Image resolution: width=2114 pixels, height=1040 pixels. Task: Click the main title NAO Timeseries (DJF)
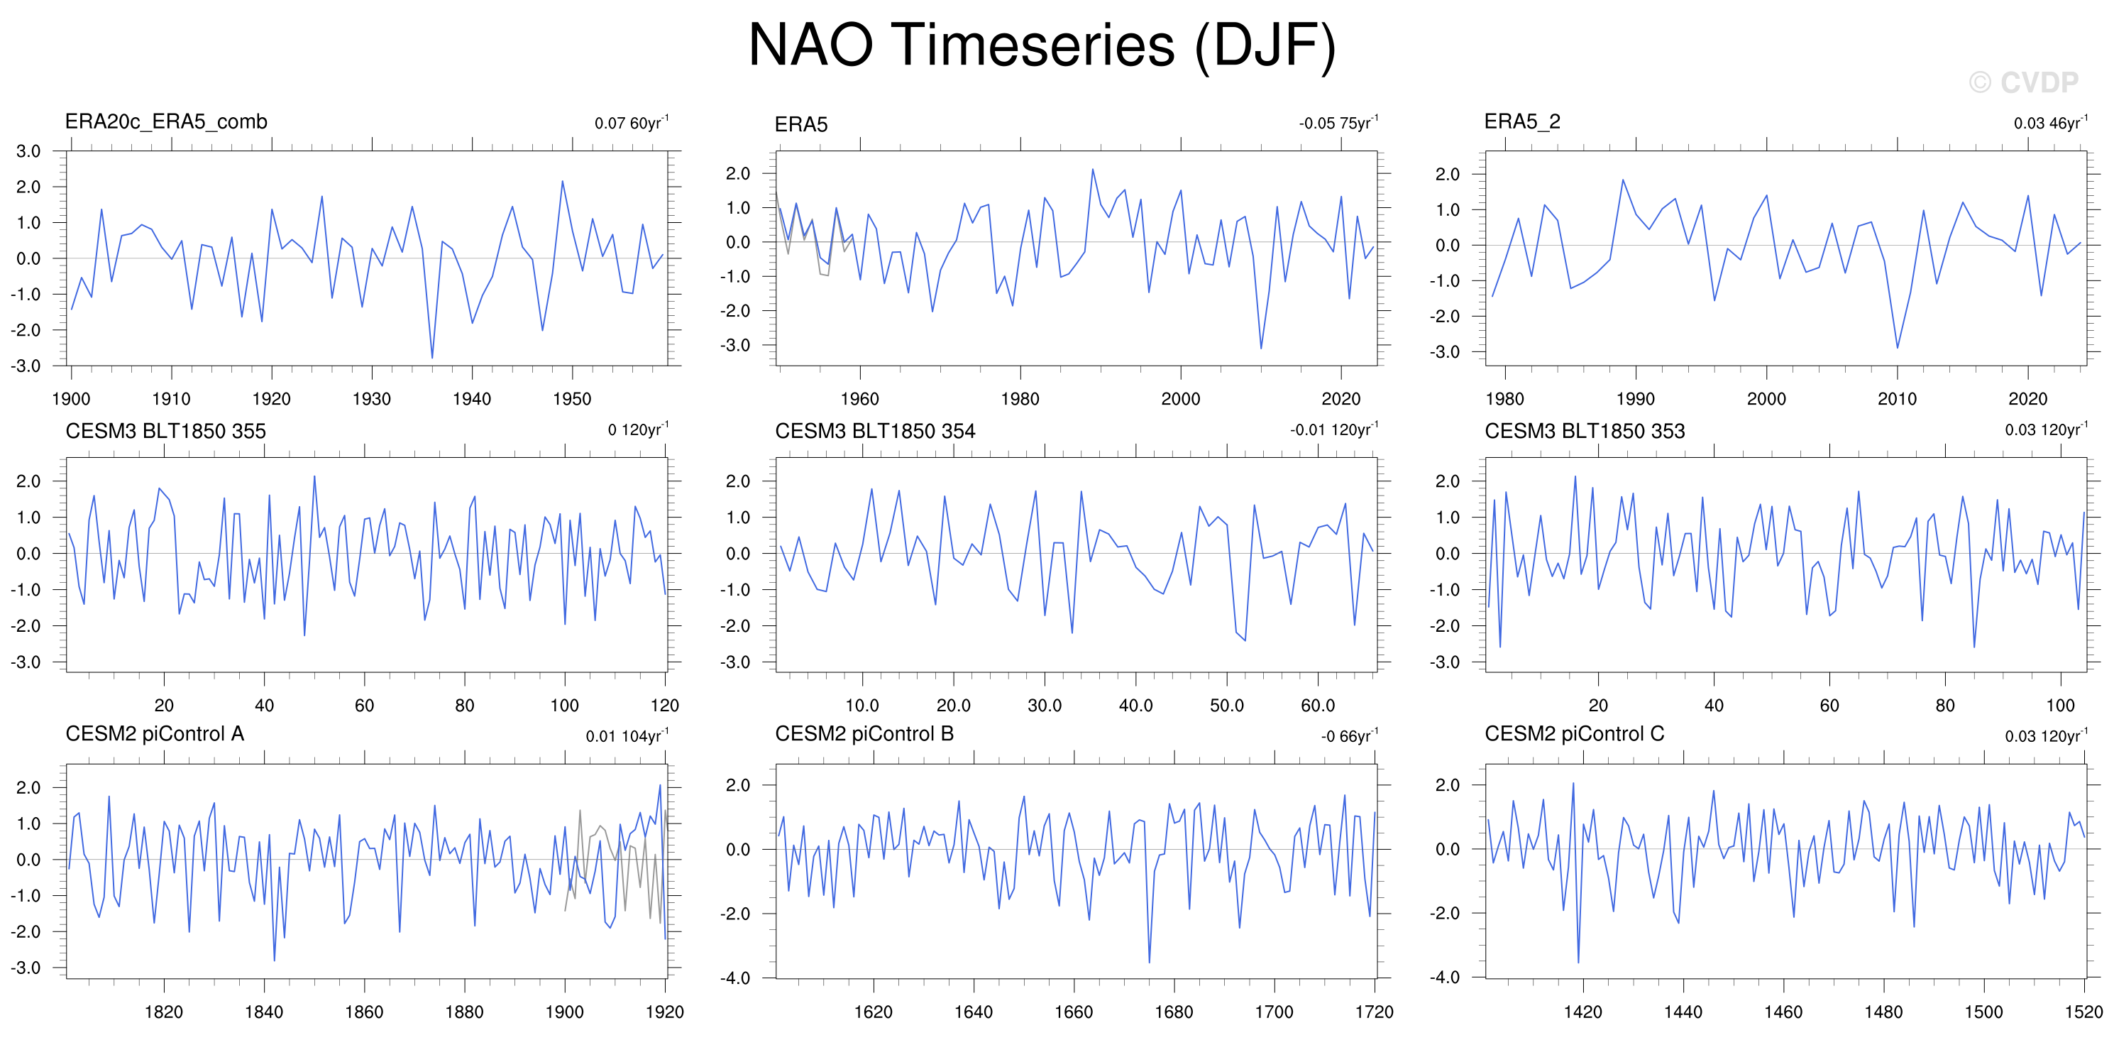1042,45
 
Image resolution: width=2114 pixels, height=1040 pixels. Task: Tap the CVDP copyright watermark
2023,82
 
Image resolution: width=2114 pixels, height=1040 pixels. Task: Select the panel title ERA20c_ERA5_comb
166,121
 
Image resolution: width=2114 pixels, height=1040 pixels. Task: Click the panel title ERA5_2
1522,121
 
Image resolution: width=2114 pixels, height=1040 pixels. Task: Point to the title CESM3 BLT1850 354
875,431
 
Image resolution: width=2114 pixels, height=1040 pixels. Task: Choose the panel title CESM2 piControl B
864,734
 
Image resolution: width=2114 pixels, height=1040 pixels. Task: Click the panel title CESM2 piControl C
1574,734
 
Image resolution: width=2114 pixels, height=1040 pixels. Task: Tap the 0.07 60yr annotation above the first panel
631,122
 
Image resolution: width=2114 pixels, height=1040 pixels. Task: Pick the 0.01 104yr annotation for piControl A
627,735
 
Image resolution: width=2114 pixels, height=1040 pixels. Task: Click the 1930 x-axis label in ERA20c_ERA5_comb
371,399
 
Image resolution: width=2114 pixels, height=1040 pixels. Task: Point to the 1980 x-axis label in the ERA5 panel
1019,399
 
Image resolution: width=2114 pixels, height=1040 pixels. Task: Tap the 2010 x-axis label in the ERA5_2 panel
1897,399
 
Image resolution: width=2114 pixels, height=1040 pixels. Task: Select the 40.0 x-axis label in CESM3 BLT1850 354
1136,705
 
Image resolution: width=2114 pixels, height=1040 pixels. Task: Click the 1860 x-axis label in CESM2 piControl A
363,1012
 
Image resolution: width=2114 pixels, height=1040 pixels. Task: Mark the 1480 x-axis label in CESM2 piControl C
1883,1012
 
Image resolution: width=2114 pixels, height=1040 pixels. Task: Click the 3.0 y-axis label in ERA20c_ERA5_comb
28,151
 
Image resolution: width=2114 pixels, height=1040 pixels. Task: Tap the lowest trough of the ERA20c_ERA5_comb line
431,358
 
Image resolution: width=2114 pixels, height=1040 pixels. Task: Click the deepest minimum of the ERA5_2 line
1897,348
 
